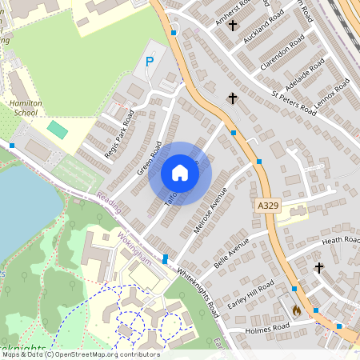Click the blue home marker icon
(x=180, y=173)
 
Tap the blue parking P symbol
(x=149, y=62)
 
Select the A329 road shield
(x=269, y=206)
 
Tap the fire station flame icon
(x=296, y=309)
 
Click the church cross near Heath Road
(x=319, y=267)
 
